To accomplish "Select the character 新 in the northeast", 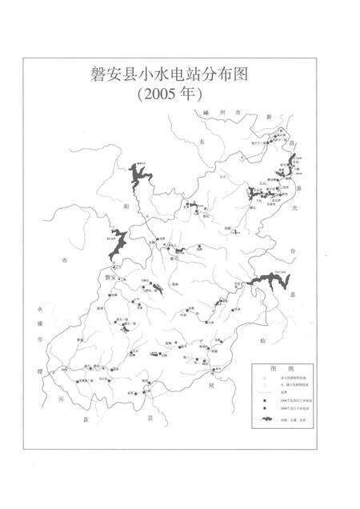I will pos(270,118).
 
